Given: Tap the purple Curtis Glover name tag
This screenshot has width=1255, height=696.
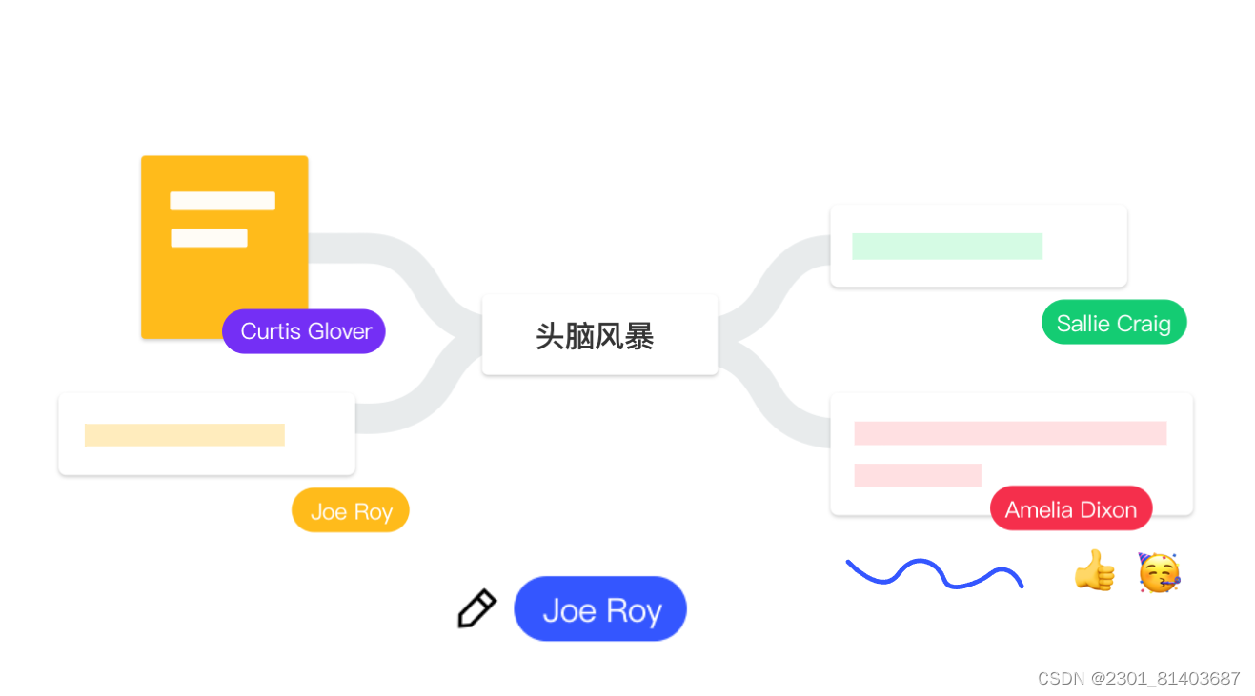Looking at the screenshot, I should coord(304,331).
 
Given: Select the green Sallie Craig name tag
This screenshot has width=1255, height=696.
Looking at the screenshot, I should coord(1113,323).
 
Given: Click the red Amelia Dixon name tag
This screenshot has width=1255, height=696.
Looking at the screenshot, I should coord(1070,509).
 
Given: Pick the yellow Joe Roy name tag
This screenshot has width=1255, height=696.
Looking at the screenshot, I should coord(350,511).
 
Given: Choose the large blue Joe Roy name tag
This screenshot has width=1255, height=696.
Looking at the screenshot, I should coord(600,609).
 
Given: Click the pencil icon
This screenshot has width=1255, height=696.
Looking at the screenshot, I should coord(476,609).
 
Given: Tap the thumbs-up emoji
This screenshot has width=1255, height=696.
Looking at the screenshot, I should coord(1094,571).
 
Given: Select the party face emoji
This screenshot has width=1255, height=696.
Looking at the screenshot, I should coord(1159,572).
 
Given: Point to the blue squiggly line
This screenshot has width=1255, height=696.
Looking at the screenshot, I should coord(934,572).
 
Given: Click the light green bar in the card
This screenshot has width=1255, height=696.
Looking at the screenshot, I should coord(946,246).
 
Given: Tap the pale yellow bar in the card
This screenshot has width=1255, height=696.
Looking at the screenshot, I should coord(184,435).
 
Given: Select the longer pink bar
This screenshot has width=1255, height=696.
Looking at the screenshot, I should coord(1009,433).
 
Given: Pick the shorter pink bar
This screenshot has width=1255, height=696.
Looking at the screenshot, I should coord(917,475).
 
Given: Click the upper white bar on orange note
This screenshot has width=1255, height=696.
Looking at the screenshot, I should coord(222,201).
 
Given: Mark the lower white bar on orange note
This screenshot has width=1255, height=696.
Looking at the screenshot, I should coord(209,238).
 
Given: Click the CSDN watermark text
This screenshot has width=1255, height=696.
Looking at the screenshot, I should coord(1138,678).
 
